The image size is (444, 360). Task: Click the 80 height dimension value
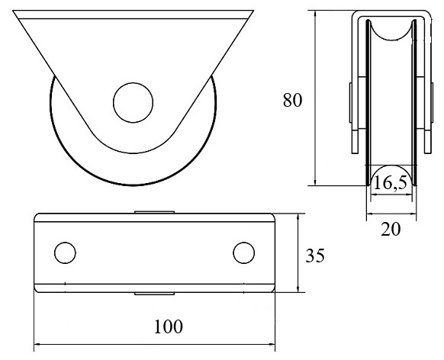[x=292, y=100]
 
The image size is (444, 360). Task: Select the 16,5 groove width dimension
[x=390, y=182]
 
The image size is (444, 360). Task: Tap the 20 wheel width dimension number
[x=391, y=230]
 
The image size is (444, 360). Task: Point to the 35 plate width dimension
[x=315, y=256]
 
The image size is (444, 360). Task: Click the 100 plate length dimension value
[x=169, y=326]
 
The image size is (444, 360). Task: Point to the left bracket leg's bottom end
[x=355, y=153]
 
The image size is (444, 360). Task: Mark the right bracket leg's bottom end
[x=427, y=153]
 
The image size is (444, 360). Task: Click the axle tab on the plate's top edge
[x=154, y=212]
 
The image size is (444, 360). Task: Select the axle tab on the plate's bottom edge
[x=154, y=294]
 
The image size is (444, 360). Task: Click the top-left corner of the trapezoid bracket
[x=13, y=11]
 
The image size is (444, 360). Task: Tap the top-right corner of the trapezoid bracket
[x=253, y=11]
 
